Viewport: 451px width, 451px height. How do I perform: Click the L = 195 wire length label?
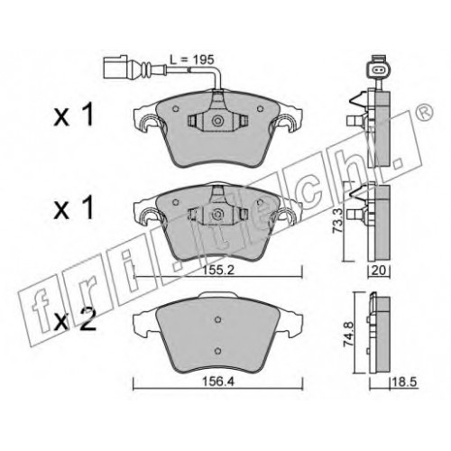click(191, 60)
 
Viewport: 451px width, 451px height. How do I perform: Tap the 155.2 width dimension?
click(217, 271)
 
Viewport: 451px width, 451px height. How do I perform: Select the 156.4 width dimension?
click(218, 382)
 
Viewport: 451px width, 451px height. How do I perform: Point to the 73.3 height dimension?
click(337, 222)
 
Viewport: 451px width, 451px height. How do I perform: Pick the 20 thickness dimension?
click(379, 271)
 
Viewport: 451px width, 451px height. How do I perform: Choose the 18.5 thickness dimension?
click(404, 382)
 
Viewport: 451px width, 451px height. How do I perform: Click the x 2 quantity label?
click(75, 319)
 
